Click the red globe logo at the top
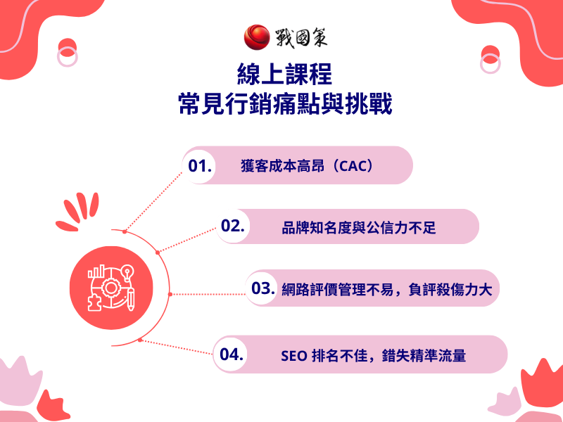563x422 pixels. click(x=256, y=37)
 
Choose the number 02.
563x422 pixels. click(x=232, y=226)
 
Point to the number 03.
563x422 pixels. click(x=262, y=288)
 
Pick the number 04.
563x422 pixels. click(x=232, y=354)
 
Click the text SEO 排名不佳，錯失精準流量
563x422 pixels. click(x=373, y=355)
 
